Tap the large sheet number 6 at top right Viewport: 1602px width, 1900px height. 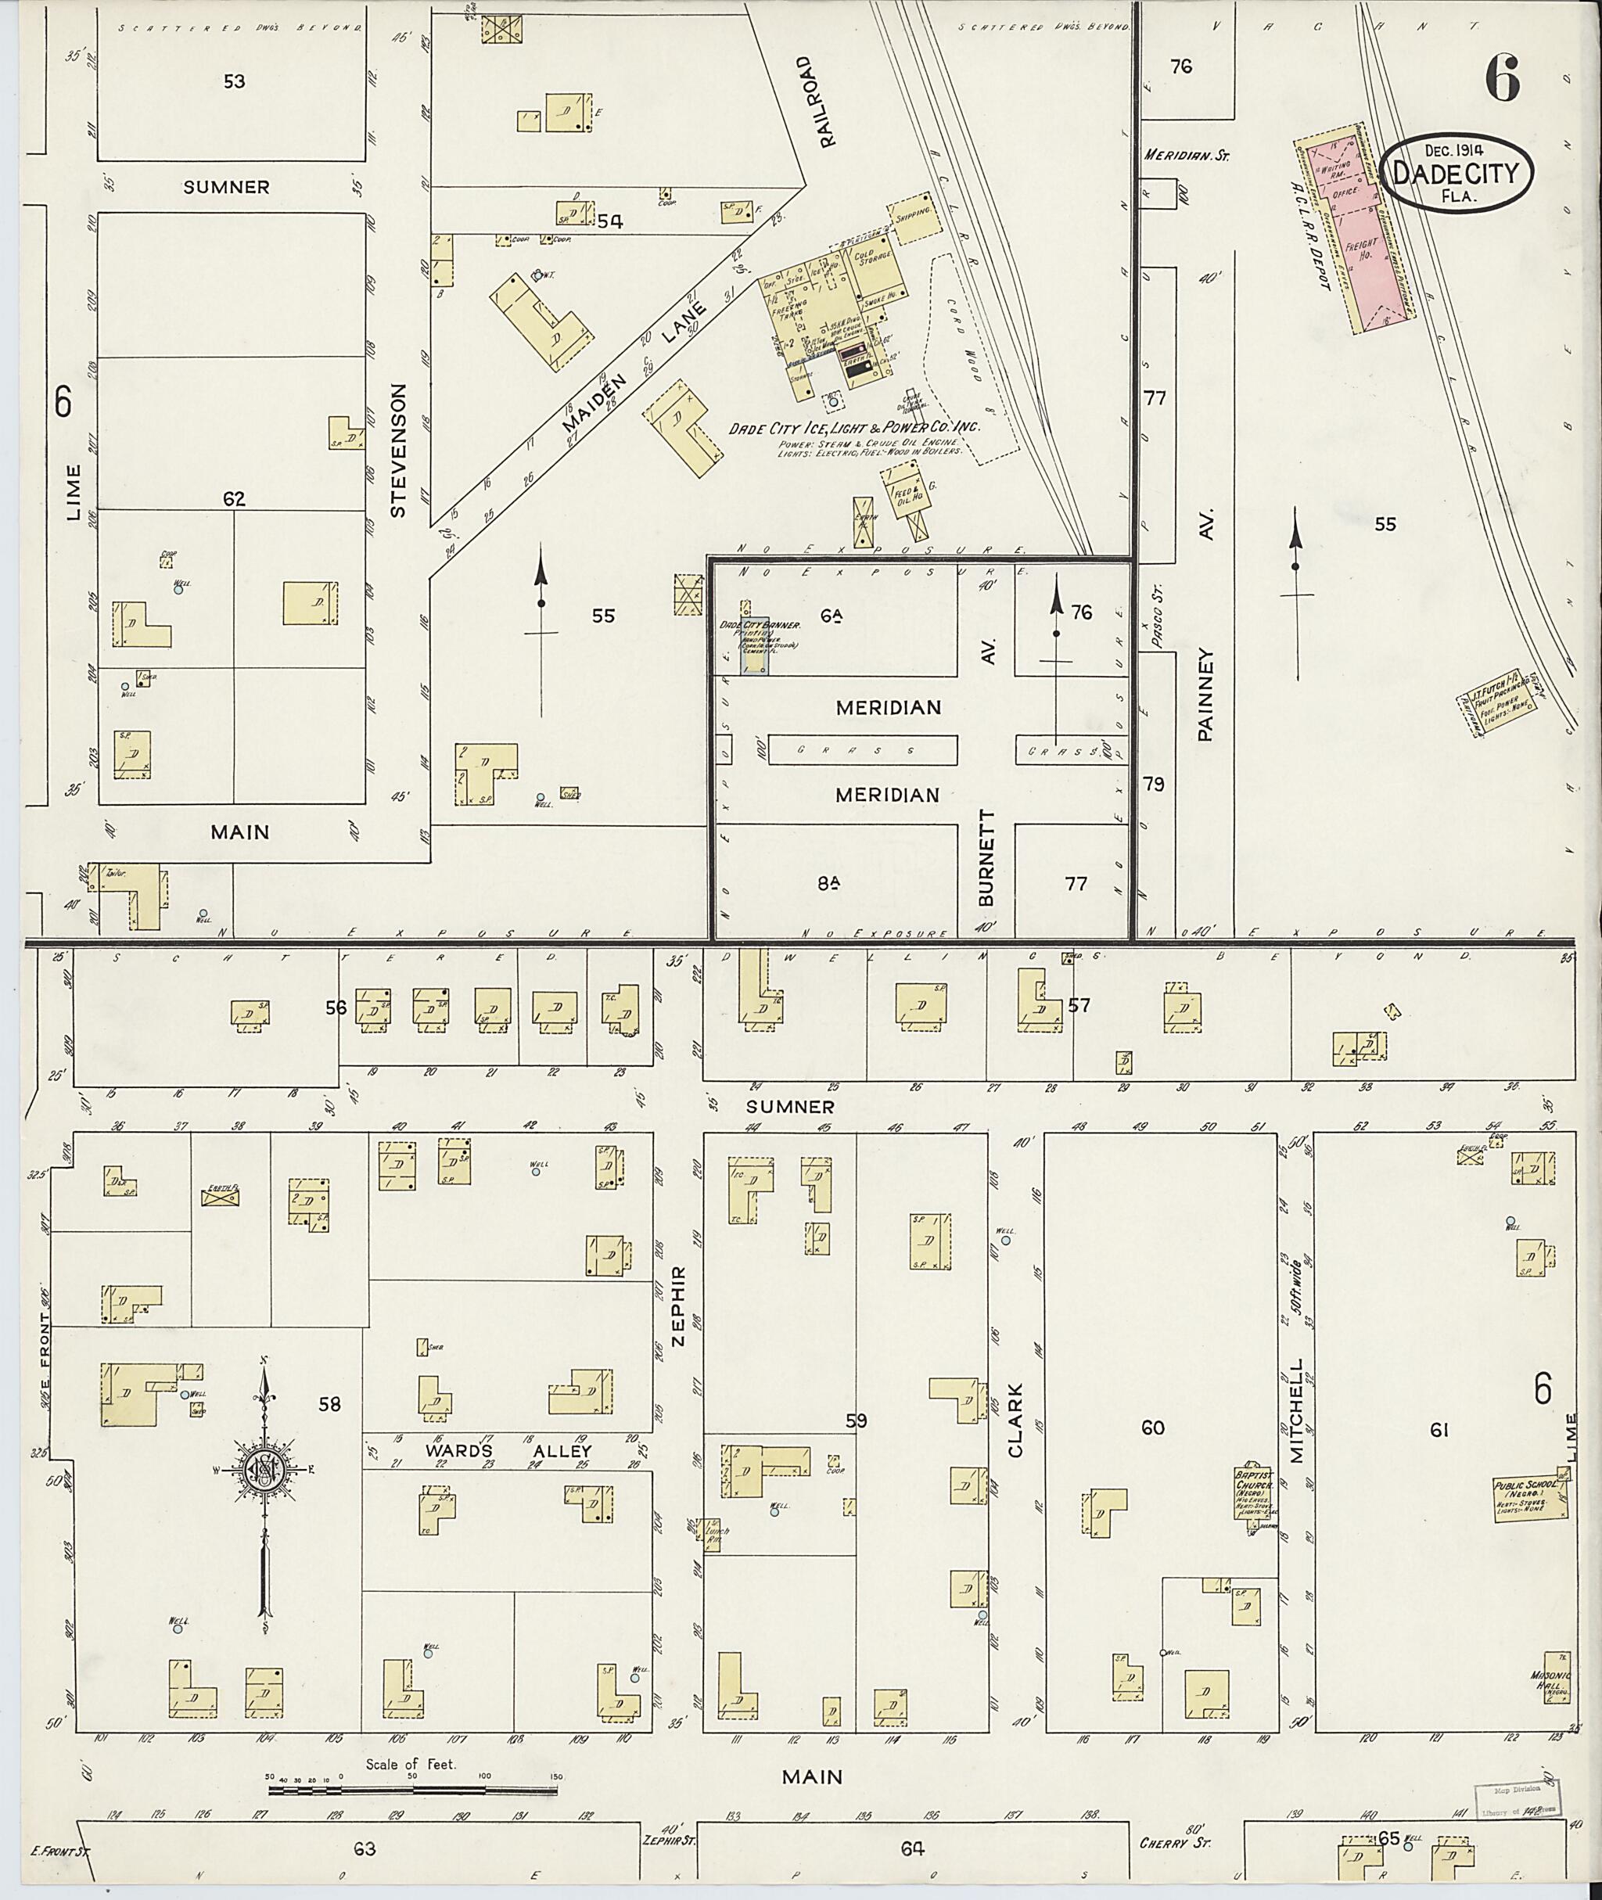click(1502, 78)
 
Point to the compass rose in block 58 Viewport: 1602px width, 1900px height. click(264, 1471)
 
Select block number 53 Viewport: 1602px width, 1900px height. click(235, 81)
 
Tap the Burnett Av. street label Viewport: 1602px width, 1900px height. click(988, 853)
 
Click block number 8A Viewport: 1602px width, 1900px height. click(827, 881)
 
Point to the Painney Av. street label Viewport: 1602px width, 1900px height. click(1205, 681)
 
